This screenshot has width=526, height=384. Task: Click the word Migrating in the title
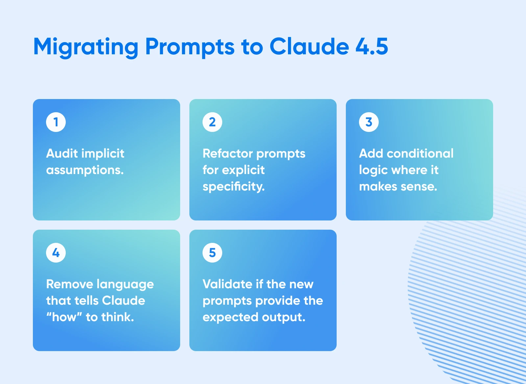coord(86,47)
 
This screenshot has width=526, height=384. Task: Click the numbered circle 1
coord(56,122)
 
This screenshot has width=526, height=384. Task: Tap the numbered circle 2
coord(212,122)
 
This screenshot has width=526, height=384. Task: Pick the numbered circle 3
coord(369,122)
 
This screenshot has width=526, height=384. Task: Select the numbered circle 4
coord(56,253)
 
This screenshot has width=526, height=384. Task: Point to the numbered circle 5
coord(212,253)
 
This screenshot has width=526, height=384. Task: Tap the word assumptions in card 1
coord(85,170)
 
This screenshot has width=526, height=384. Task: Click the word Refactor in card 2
coord(227,153)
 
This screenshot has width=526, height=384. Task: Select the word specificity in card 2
coord(233,187)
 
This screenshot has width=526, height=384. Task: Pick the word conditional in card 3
coord(420,153)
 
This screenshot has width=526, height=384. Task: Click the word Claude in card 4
coord(123,301)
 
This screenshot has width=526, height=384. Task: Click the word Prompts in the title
coord(190,47)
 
